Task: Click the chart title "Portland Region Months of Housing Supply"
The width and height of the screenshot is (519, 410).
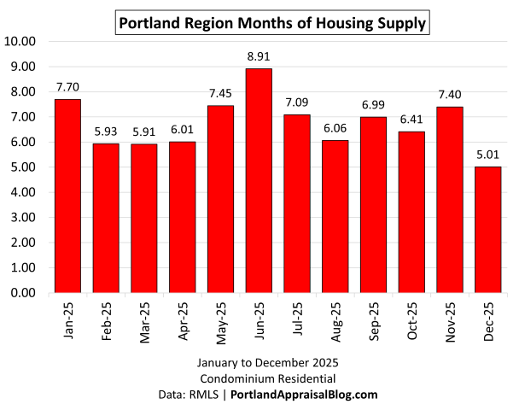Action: point(271,22)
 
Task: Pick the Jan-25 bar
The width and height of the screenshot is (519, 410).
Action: point(67,196)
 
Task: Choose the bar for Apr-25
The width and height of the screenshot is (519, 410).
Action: point(183,218)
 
